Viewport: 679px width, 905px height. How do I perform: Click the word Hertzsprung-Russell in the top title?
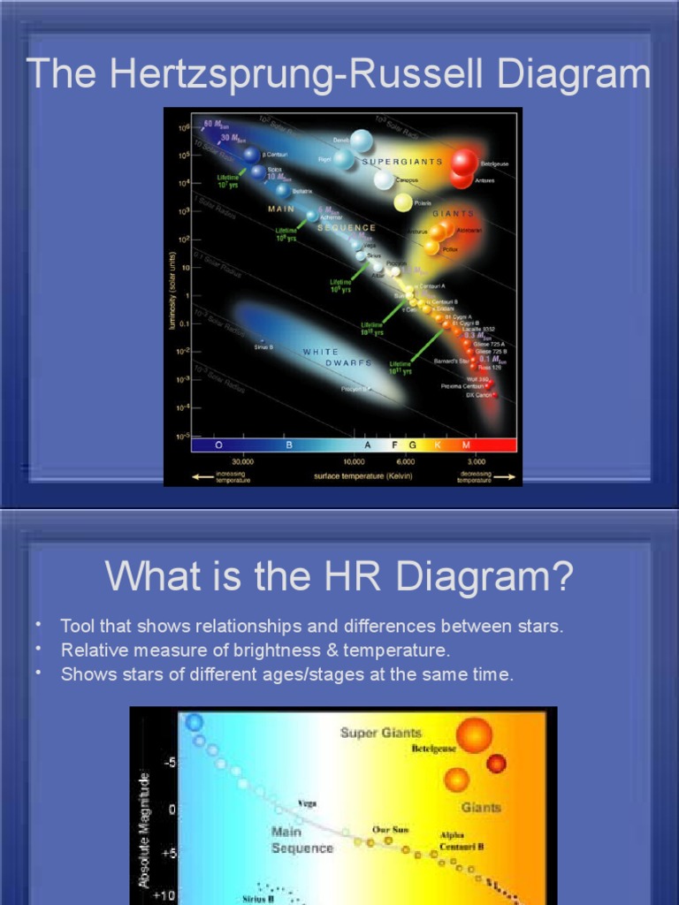pos(301,75)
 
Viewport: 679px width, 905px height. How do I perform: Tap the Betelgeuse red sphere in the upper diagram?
pos(464,162)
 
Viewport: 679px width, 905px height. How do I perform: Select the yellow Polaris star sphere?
pos(403,202)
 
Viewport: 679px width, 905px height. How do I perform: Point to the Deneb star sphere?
pos(361,141)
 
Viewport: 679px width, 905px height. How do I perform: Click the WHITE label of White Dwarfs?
pos(321,352)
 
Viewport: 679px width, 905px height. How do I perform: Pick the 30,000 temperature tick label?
pos(242,461)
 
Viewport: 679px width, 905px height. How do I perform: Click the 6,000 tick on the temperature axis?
pos(406,461)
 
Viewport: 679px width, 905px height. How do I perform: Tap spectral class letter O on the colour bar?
pos(217,445)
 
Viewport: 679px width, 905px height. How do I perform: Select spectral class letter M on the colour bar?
pos(466,445)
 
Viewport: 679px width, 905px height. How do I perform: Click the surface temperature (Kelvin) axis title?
pos(362,475)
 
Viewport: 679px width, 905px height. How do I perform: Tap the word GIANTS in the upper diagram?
pos(454,214)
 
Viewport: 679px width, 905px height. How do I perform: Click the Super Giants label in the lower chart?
pos(381,733)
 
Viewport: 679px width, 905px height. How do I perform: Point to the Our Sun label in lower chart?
pos(390,829)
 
